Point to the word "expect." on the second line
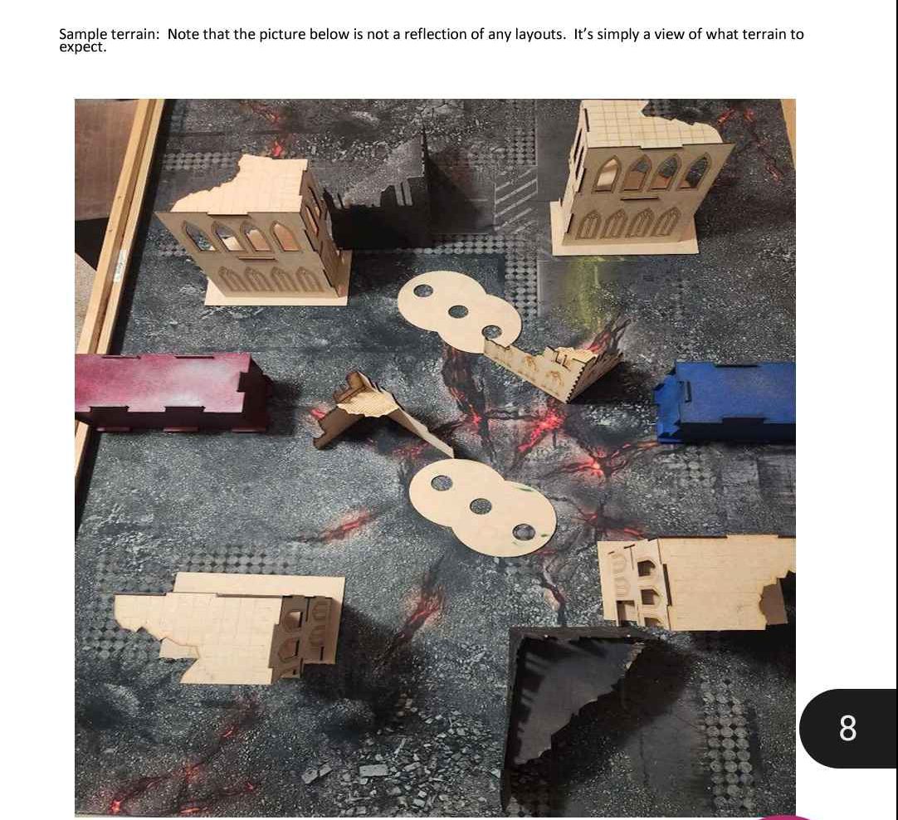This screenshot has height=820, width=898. (83, 47)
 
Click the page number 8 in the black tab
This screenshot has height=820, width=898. (847, 729)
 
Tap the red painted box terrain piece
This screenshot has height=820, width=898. (171, 392)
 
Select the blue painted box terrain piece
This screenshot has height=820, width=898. (726, 400)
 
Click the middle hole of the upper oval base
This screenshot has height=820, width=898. (457, 311)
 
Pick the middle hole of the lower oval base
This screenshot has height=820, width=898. (481, 506)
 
